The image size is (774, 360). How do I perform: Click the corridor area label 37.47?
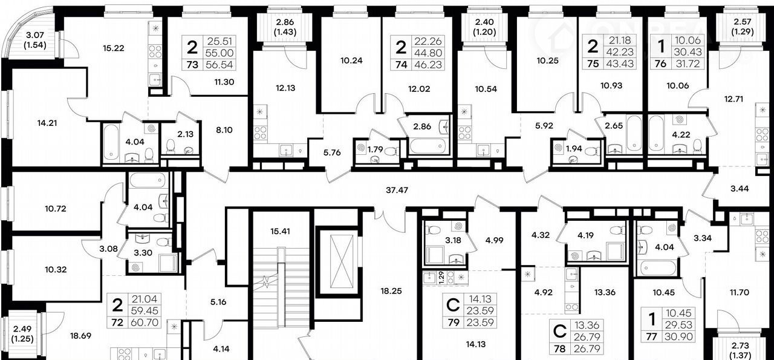[397, 190]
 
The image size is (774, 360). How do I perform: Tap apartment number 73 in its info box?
[192, 65]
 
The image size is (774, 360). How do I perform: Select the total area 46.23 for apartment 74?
[428, 65]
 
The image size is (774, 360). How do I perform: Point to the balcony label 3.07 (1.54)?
[35, 40]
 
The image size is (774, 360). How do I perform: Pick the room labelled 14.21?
[47, 123]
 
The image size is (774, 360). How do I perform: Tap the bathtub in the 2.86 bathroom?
[427, 146]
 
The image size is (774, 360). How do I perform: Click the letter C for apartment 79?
[453, 305]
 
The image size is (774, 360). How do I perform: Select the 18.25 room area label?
[391, 291]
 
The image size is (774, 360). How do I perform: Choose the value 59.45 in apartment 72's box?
[145, 310]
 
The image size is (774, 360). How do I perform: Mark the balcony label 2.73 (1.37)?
[740, 350]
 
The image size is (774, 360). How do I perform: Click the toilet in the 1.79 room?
[393, 151]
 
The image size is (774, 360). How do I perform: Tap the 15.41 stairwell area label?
[280, 231]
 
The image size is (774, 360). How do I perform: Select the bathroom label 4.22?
[681, 135]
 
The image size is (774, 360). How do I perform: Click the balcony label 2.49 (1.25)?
[22, 334]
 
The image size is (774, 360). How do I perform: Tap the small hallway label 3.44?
[740, 189]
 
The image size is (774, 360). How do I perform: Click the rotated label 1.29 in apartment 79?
[441, 278]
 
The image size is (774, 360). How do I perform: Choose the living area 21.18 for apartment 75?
[620, 40]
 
